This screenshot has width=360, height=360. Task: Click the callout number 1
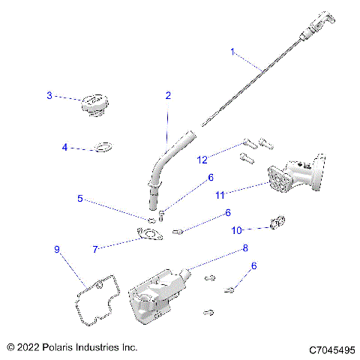(232, 52)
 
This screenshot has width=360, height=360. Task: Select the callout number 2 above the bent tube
(168, 95)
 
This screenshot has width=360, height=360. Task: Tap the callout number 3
(49, 95)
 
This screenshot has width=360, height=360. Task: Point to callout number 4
(64, 148)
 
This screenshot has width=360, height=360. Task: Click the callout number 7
(95, 248)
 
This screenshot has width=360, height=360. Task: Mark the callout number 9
(55, 248)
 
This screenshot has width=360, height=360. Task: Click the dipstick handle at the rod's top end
(315, 23)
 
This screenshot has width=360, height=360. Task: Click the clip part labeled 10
(277, 223)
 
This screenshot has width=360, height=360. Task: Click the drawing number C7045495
(332, 349)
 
